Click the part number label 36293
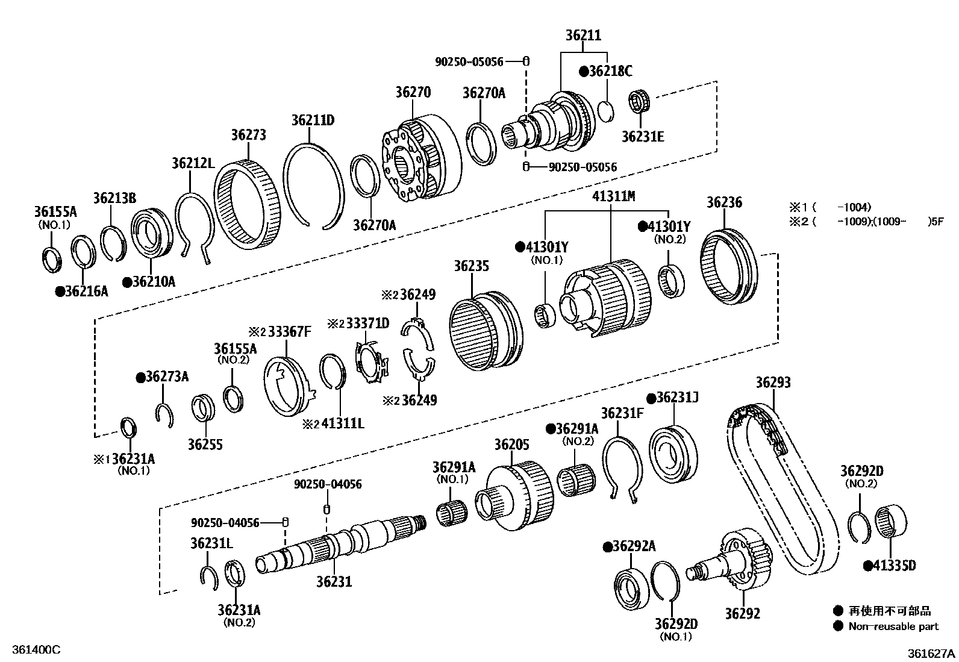773,383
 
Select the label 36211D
313,120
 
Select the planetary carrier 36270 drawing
422,158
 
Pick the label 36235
471,266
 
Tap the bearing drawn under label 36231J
673,455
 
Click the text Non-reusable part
893,626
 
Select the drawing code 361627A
931,653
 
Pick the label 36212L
193,163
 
